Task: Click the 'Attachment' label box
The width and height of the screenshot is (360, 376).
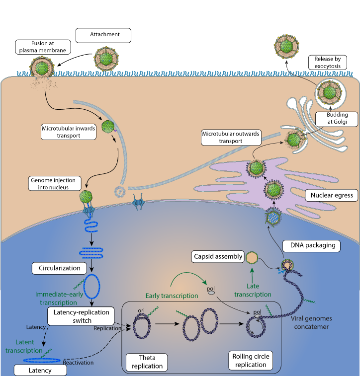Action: click(103, 35)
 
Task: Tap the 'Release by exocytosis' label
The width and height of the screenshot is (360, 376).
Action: click(327, 62)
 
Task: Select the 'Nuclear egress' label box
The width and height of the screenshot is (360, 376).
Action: click(331, 195)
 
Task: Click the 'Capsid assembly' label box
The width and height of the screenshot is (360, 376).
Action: click(218, 257)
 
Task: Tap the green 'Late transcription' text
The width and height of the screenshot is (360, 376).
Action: click(253, 291)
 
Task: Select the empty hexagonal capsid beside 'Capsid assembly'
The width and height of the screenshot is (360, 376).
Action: click(252, 257)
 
